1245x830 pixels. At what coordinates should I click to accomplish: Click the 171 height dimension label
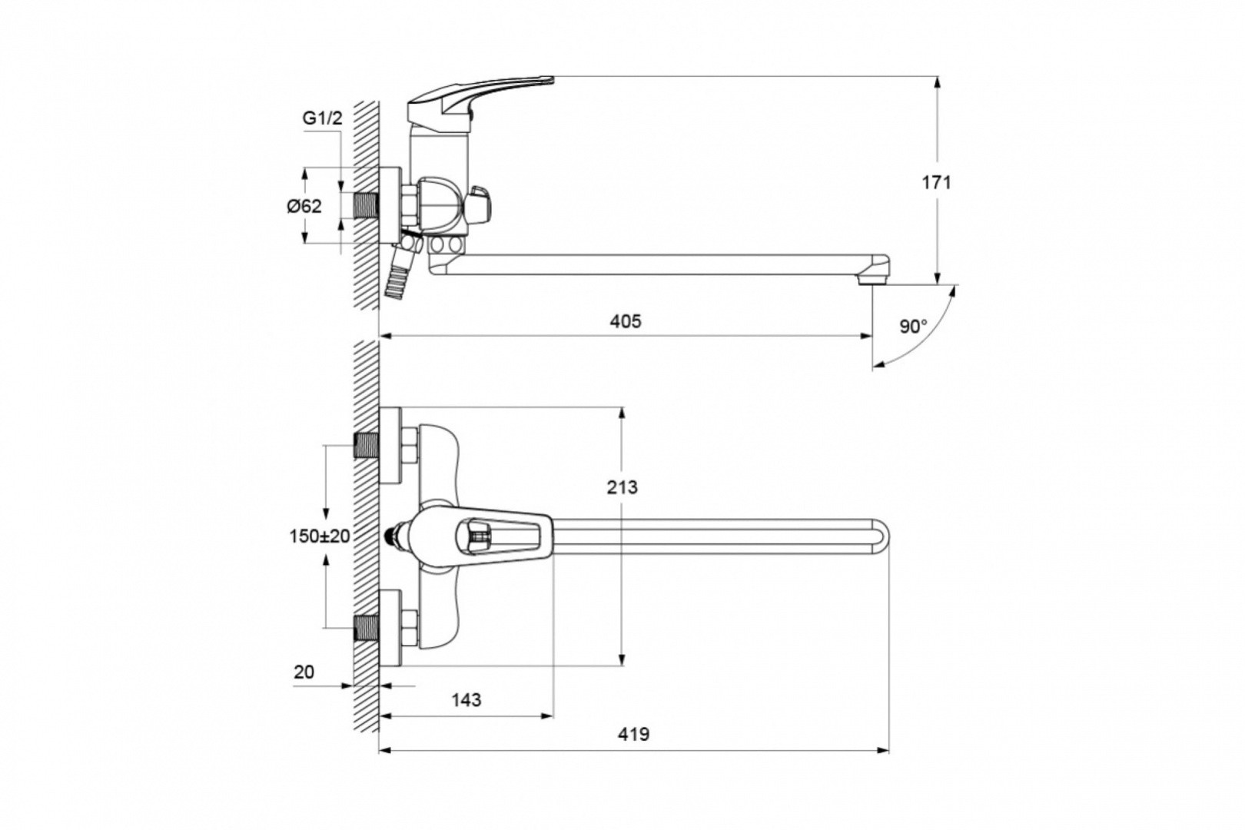point(937,182)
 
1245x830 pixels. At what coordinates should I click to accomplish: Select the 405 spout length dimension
point(626,321)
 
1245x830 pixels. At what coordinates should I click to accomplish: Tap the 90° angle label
point(914,327)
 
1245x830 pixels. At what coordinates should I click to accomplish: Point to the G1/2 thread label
point(322,118)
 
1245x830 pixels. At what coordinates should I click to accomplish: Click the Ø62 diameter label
point(304,206)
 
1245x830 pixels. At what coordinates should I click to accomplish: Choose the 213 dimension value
point(622,487)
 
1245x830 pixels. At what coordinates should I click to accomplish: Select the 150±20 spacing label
point(320,536)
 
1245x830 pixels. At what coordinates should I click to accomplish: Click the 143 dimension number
point(466,700)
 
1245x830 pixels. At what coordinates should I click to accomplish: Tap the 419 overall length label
point(633,735)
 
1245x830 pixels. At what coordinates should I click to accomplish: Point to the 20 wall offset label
point(304,672)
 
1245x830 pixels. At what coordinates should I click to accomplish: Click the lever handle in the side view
point(480,100)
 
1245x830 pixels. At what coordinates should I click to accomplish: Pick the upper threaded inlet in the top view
point(367,446)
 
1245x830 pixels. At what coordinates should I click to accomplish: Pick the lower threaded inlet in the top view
point(367,628)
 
